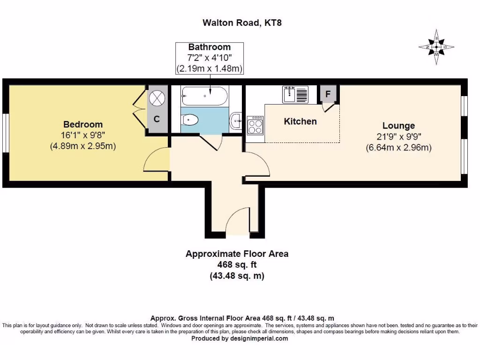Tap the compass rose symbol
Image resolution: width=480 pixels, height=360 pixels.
pyautogui.click(x=436, y=47)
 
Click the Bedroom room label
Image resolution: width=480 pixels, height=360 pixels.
pyautogui.click(x=83, y=124)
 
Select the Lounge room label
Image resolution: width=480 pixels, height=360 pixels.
pyautogui.click(x=398, y=126)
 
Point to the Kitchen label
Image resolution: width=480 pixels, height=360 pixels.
pyautogui.click(x=300, y=121)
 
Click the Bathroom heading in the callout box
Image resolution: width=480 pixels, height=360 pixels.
pyautogui.click(x=210, y=47)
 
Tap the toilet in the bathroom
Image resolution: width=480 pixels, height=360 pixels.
pyautogui.click(x=190, y=120)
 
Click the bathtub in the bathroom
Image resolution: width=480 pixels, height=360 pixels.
pyautogui.click(x=204, y=96)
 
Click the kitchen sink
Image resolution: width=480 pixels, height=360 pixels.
pyautogui.click(x=295, y=95)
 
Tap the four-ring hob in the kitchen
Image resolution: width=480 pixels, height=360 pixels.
pyautogui.click(x=255, y=126)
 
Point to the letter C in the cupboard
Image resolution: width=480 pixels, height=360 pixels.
pyautogui.click(x=157, y=119)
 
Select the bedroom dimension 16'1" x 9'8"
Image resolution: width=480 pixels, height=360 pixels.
pyautogui.click(x=83, y=135)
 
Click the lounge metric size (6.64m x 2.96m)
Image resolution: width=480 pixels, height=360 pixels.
pyautogui.click(x=398, y=148)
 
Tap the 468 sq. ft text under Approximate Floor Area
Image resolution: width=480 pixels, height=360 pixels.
pyautogui.click(x=237, y=265)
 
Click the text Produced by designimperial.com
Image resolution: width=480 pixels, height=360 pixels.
pyautogui.click(x=240, y=338)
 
